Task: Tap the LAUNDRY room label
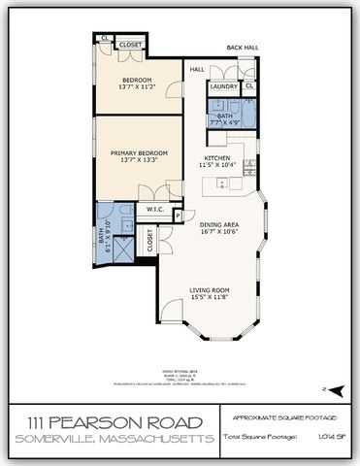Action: pos(224,86)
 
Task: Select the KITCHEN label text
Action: pos(215,158)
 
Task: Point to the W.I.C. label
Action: pos(153,209)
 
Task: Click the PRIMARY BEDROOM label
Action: pos(139,152)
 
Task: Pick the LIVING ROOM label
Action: pos(208,289)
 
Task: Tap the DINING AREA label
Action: pos(219,225)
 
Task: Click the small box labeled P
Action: pos(178,216)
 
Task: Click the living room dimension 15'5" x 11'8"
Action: pos(208,297)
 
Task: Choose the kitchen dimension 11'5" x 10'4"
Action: pos(215,166)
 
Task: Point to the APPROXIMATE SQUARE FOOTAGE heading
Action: pos(285,417)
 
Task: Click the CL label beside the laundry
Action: pos(248,86)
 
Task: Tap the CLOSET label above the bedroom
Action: pos(130,45)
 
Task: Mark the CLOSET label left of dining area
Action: pos(149,239)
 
